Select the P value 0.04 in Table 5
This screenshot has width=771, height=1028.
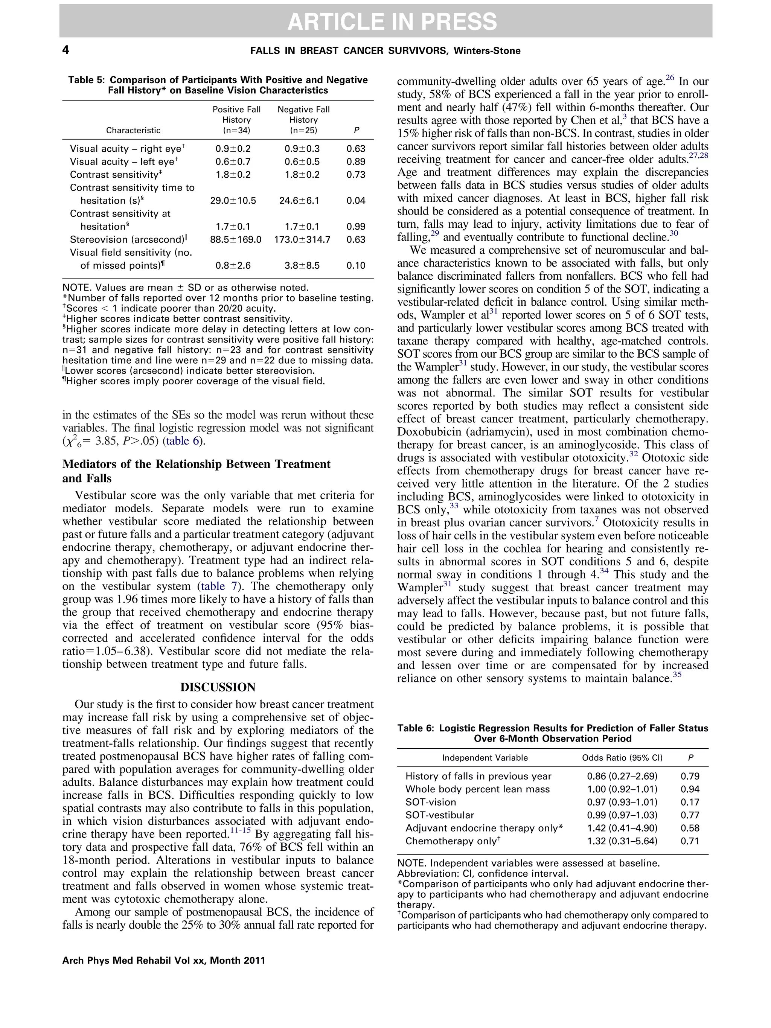(355, 201)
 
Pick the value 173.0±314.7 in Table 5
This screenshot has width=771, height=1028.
(303, 240)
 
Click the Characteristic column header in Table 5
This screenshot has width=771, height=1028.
(133, 131)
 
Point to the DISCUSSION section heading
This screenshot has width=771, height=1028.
(218, 687)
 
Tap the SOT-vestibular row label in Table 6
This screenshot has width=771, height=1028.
(440, 815)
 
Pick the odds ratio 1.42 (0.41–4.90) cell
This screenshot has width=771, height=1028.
(622, 828)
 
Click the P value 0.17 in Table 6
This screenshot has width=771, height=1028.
(690, 802)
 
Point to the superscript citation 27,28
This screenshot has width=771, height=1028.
(698, 156)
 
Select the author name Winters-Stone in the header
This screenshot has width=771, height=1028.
(487, 51)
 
